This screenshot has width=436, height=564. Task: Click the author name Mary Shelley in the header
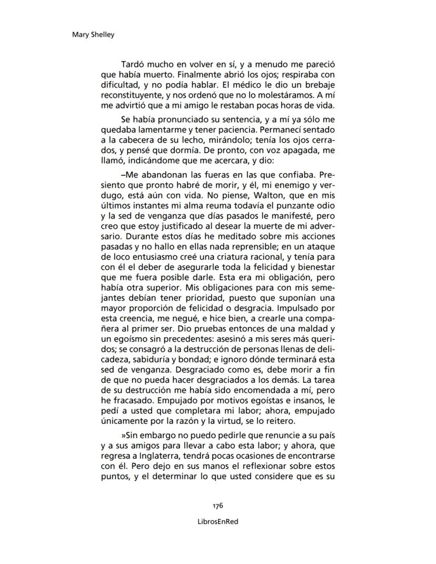pos(93,35)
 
